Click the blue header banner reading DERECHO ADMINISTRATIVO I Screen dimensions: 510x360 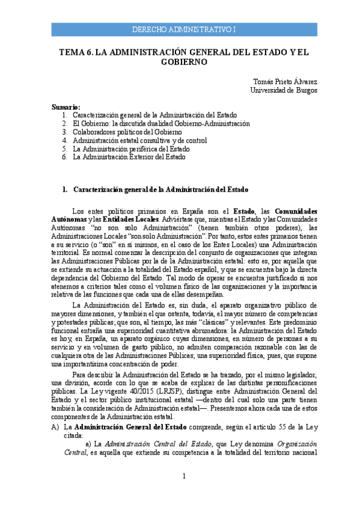tap(184, 29)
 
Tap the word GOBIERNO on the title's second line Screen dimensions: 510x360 tap(184, 61)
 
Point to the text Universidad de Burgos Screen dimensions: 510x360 tap(283, 90)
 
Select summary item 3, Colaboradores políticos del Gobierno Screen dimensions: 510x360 tap(127, 131)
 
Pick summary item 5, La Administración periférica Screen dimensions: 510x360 tap(131, 148)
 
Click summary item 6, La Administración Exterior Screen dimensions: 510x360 tap(129, 156)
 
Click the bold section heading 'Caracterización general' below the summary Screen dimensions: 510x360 tap(160, 189)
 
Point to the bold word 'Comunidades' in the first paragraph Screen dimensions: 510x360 tap(296, 211)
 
